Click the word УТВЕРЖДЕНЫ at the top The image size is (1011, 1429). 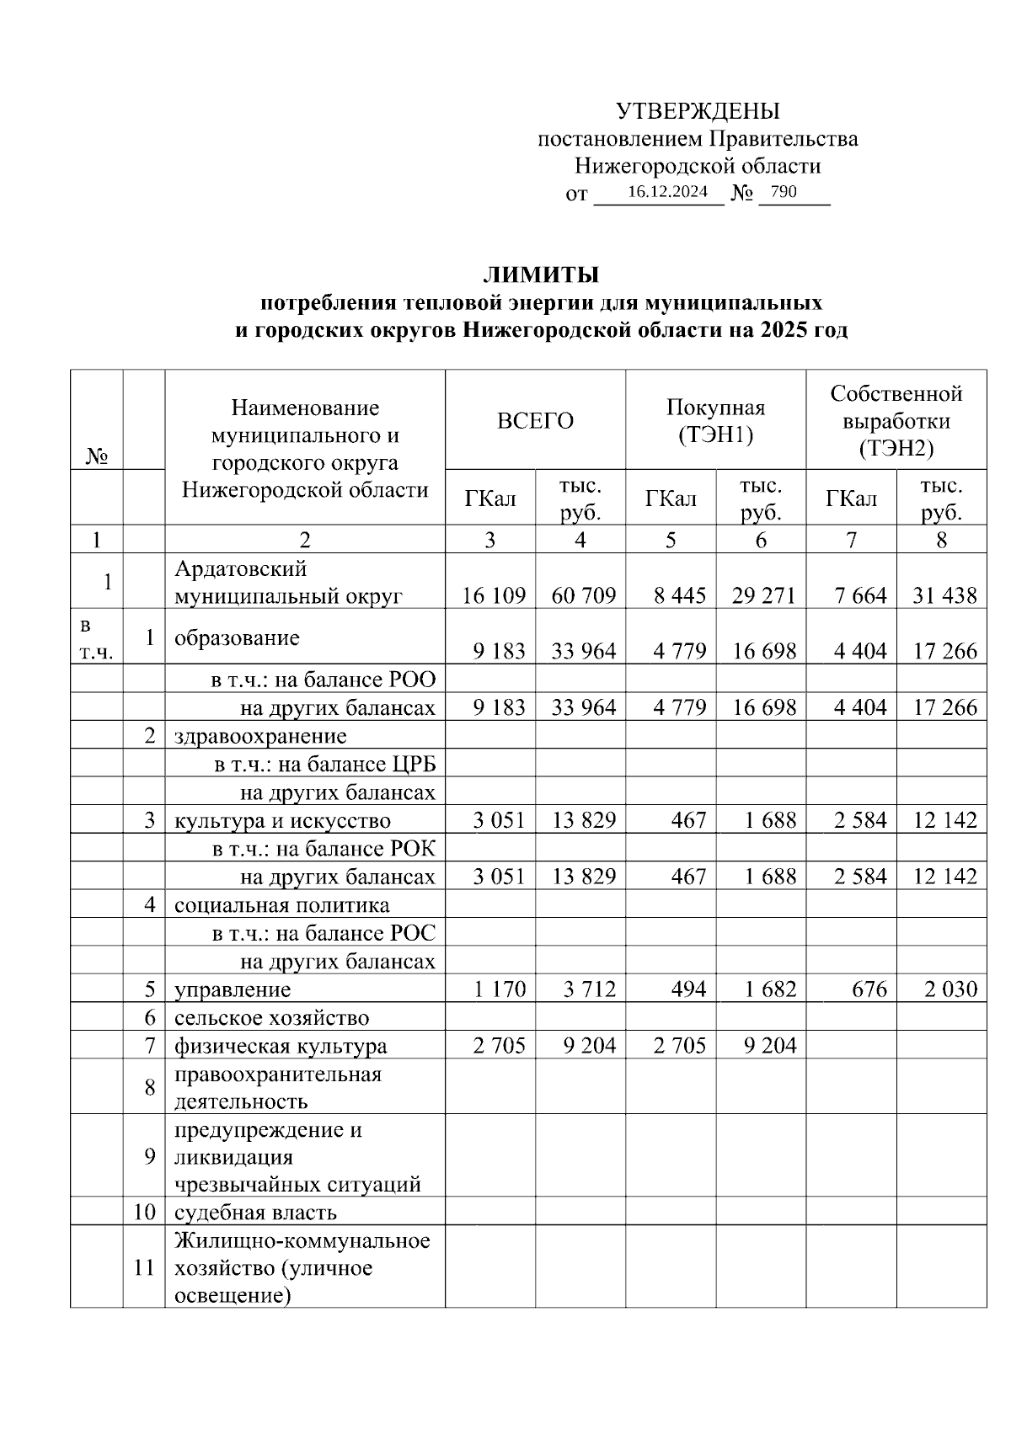pyautogui.click(x=698, y=111)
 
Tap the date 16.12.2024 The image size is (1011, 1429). pyautogui.click(x=667, y=192)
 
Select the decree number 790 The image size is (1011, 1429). pyautogui.click(x=783, y=192)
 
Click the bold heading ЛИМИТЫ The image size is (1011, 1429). pyautogui.click(x=540, y=275)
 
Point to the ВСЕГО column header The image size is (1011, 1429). pyautogui.click(x=535, y=420)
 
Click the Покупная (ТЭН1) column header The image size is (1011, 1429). pyautogui.click(x=715, y=421)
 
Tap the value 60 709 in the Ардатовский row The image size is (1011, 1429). pyautogui.click(x=584, y=596)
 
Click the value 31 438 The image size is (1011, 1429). pyautogui.click(x=944, y=596)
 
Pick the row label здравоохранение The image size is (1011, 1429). pyautogui.click(x=260, y=736)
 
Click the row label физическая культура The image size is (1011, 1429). pyautogui.click(x=281, y=1046)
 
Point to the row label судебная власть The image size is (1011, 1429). pyautogui.click(x=255, y=1213)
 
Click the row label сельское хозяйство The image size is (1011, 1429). pyautogui.click(x=271, y=1018)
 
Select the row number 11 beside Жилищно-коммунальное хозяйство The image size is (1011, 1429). pyautogui.click(x=144, y=1267)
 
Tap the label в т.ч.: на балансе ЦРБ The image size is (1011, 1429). pyautogui.click(x=324, y=765)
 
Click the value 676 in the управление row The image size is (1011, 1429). pyautogui.click(x=869, y=989)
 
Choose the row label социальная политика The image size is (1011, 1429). pyautogui.click(x=281, y=905)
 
